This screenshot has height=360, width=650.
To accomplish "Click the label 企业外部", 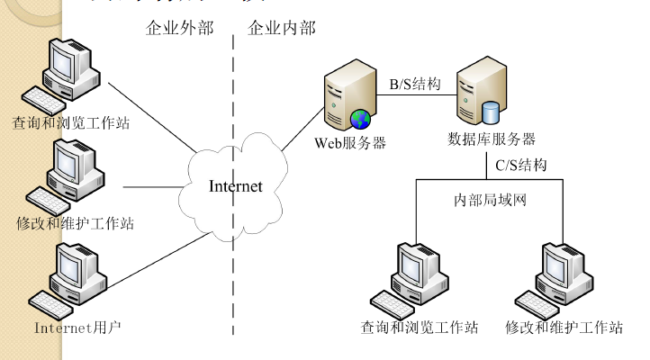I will [180, 28].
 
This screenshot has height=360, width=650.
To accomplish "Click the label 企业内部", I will [282, 28].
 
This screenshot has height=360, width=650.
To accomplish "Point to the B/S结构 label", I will [415, 84].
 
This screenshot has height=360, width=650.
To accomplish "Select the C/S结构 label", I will [521, 165].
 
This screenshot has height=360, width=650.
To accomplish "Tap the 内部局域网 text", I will [489, 200].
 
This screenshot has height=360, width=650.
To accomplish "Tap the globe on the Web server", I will [361, 119].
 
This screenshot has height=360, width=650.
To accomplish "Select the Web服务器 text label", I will [350, 142].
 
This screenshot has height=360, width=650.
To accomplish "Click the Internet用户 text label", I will [77, 327].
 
